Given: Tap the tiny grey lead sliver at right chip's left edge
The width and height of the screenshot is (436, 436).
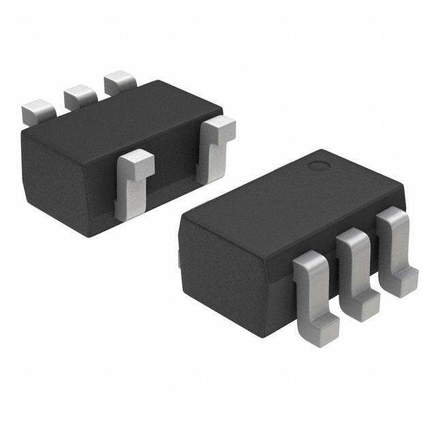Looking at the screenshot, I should coord(178,259).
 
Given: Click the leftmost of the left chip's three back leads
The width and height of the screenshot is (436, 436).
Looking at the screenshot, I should coord(38,112).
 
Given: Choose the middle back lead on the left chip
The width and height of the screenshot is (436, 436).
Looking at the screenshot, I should coord(80,97).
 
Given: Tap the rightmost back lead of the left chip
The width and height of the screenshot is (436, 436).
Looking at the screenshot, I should coord(120,82).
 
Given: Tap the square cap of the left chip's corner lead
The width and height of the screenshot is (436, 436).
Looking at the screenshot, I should coord(219,127).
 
